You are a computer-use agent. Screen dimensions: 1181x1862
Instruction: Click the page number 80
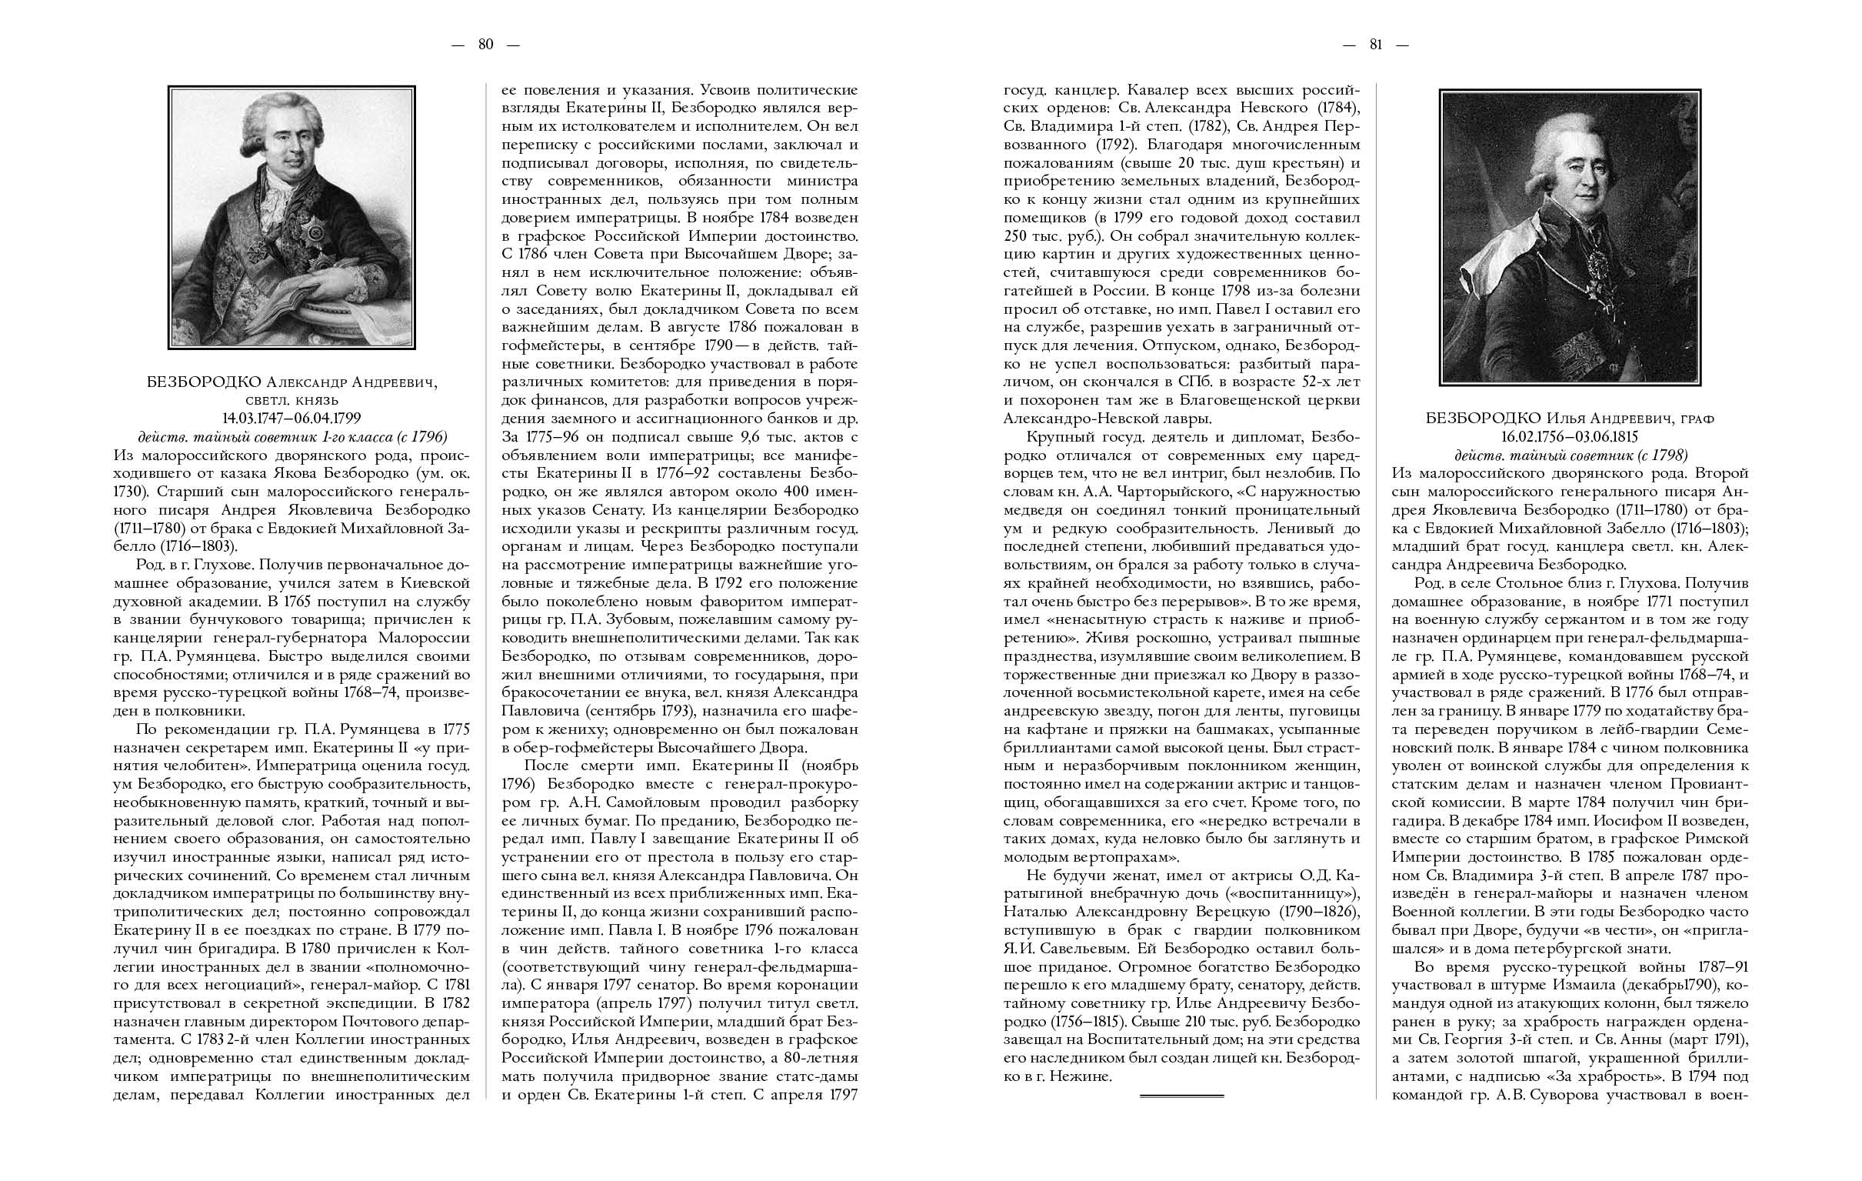coord(485,45)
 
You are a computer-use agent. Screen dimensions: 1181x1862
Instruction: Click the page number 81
coord(1376,45)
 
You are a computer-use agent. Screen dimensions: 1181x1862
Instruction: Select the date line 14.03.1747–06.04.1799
coord(292,419)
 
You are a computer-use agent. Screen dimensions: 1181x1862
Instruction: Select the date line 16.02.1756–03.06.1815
coord(1570,437)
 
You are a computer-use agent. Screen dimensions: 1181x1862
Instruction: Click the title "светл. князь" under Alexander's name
coord(291,400)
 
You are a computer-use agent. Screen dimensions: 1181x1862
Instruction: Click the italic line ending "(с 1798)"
coord(1570,455)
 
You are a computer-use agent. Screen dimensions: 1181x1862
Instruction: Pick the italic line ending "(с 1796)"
coord(292,437)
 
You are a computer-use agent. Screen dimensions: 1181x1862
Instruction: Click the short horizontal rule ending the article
coord(1181,1096)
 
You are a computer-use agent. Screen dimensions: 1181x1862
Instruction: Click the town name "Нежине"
coord(1078,1076)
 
